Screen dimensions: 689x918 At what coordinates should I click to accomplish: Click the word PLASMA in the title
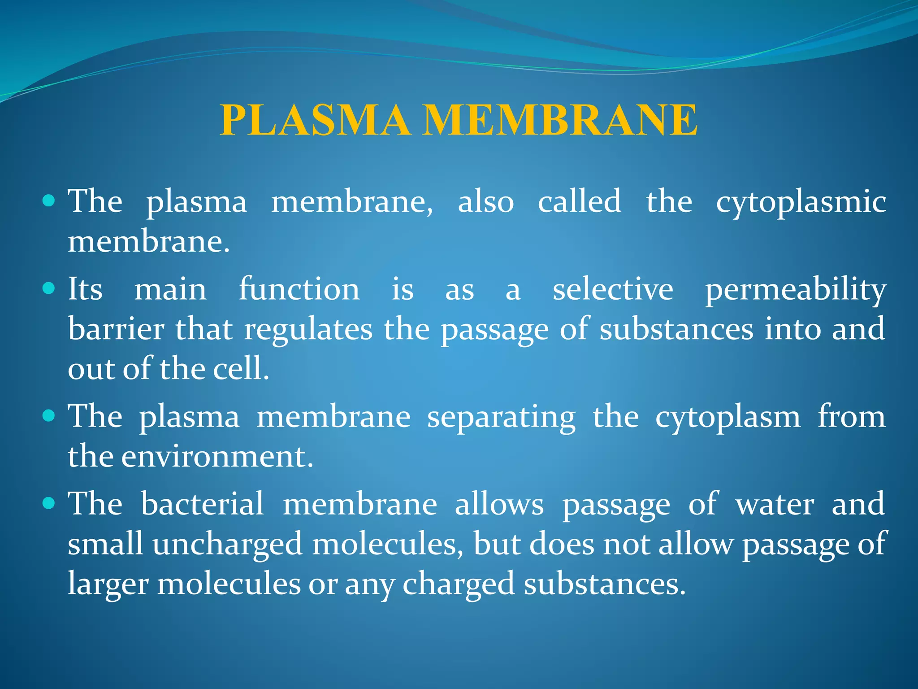[x=315, y=120]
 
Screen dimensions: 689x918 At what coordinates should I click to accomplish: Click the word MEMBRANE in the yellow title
[x=560, y=120]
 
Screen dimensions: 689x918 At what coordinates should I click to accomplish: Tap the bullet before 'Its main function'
[x=48, y=288]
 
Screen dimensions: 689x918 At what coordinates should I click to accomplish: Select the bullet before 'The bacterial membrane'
[x=48, y=503]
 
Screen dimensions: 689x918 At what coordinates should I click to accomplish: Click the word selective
[x=612, y=289]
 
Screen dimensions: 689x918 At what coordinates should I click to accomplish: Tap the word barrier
[x=116, y=329]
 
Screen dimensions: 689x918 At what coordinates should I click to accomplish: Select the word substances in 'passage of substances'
[x=676, y=329]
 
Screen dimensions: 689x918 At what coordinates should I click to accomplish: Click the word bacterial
[x=202, y=503]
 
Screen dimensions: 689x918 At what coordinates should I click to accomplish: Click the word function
[x=299, y=288]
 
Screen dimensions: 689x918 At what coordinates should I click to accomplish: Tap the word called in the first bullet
[x=579, y=201]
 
